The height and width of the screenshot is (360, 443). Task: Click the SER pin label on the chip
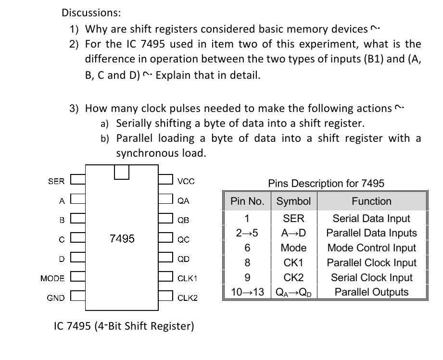pos(56,181)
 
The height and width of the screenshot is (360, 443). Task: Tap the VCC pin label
pos(186,181)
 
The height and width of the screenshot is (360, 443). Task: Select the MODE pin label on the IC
pos(52,278)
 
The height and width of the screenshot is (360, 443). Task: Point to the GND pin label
pos(56,298)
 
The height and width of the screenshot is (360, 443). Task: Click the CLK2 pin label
pos(188,298)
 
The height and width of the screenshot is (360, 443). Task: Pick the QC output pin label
pos(183,239)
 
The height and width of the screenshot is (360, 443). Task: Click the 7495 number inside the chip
pos(122,238)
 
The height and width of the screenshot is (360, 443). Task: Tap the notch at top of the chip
pos(122,172)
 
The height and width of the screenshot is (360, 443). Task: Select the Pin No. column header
pos(247,201)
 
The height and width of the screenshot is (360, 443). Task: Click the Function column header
pos(371,201)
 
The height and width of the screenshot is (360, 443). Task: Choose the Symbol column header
pos(293,201)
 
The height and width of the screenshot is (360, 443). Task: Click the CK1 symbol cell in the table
pos(293,263)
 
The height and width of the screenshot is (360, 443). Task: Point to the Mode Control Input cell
pos(371,248)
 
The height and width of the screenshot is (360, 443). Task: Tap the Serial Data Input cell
pos(371,219)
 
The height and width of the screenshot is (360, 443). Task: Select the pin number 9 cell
pos(247,277)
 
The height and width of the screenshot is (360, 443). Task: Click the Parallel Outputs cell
pos(371,292)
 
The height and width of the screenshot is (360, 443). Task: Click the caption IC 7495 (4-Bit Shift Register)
pos(124,326)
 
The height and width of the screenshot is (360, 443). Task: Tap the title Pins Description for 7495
pos(326,183)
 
